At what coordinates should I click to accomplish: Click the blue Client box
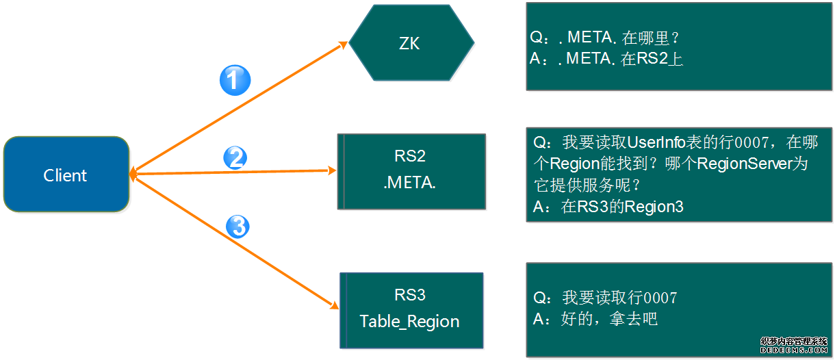tap(66, 175)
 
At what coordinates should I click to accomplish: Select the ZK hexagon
tap(411, 44)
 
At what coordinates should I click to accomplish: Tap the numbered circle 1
tap(235, 81)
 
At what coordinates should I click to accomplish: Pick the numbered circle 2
tap(235, 159)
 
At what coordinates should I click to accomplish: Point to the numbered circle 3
tap(237, 227)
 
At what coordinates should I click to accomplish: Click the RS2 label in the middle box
tap(410, 156)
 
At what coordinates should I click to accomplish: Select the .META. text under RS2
tap(410, 183)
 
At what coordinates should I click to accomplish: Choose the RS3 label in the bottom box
tap(410, 295)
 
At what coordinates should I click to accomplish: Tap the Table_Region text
tap(409, 322)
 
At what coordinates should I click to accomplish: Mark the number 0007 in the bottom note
tap(660, 298)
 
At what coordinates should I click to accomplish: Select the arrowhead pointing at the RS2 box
tap(333, 170)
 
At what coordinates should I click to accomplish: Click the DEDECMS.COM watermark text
tap(793, 348)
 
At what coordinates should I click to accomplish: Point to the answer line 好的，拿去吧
tap(609, 319)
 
